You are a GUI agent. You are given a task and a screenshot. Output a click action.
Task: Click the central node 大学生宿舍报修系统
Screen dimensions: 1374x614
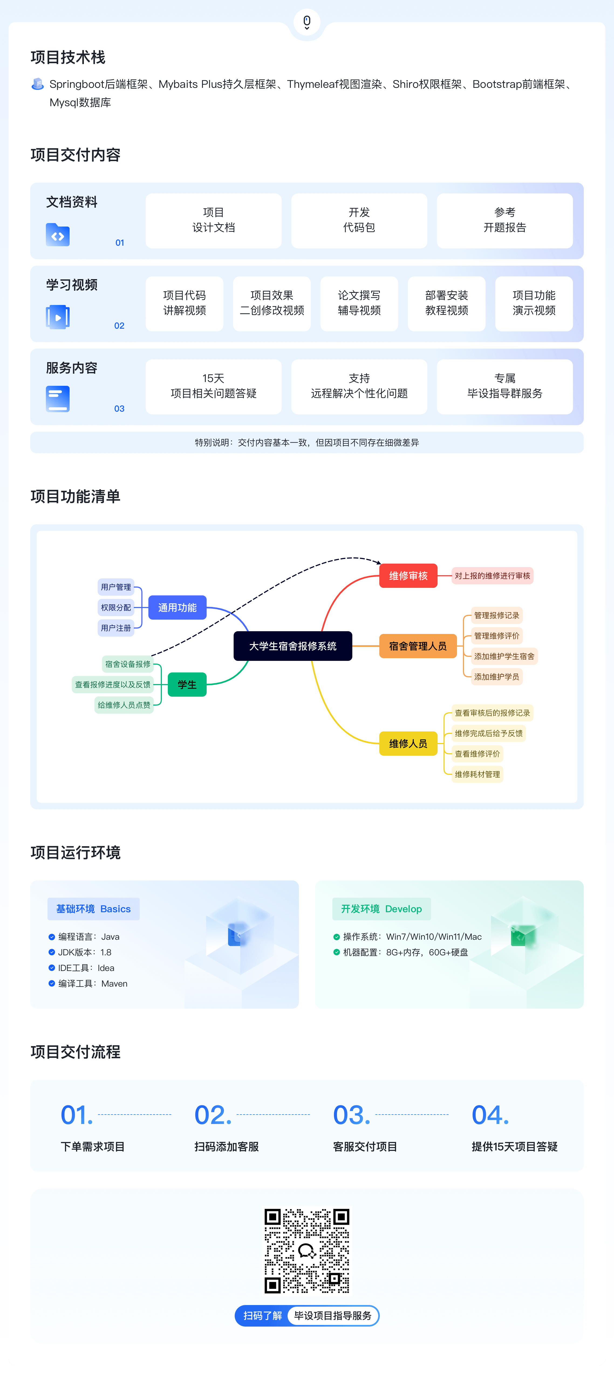point(293,646)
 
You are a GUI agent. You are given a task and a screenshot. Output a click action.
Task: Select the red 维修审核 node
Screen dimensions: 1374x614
point(408,575)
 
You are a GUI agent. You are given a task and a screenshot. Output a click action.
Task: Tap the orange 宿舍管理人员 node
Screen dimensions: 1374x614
point(418,646)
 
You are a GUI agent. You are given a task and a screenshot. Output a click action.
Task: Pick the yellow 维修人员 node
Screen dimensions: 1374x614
point(408,743)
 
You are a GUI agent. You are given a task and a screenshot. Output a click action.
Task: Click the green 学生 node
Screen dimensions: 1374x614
point(187,684)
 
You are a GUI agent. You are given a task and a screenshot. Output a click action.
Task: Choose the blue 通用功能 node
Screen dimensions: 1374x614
point(177,608)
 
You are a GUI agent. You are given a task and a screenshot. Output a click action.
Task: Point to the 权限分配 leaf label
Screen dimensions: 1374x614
point(116,608)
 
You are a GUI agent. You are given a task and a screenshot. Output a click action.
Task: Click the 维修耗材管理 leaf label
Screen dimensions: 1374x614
point(477,774)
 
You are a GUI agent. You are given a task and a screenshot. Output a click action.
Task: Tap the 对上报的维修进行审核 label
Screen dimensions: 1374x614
point(492,575)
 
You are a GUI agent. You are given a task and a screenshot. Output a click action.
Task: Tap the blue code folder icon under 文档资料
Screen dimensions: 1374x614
point(58,235)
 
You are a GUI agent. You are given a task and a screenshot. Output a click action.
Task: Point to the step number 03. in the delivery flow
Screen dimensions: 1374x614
point(351,1115)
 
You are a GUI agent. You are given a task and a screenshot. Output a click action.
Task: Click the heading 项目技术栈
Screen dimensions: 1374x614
point(68,57)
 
